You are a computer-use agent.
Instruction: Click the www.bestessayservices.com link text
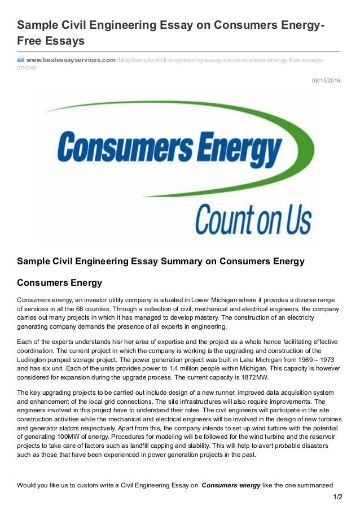click(71, 60)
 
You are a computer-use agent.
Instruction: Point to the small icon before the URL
click(20, 59)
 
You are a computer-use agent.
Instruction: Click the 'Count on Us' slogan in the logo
click(253, 216)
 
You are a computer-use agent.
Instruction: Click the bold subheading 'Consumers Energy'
click(59, 281)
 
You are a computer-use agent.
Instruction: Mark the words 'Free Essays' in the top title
click(51, 41)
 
